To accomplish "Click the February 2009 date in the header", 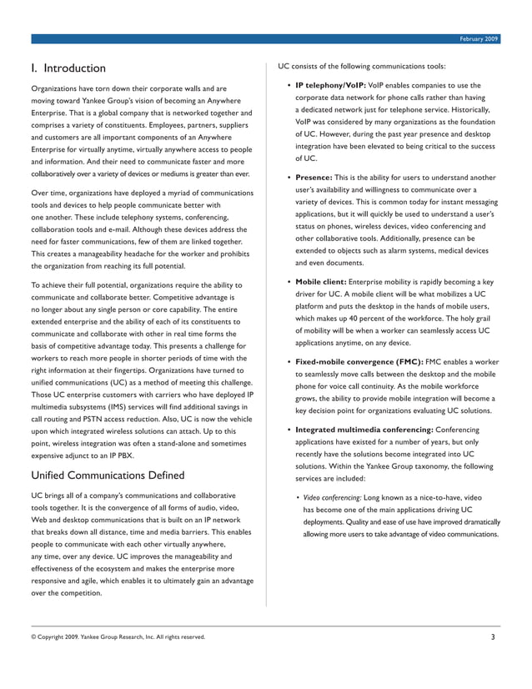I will click(479, 39).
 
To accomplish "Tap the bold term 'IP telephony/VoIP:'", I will click(331, 85).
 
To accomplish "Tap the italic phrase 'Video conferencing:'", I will click(332, 497).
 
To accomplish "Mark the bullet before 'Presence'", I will click(289, 178).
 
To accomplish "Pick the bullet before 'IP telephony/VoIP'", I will click(289, 85).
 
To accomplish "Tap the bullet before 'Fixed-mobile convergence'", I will click(289, 362).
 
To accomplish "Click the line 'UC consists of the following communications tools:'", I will click(362, 67).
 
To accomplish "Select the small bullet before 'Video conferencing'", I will click(299, 498).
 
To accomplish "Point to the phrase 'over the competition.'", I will click(66, 593).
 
